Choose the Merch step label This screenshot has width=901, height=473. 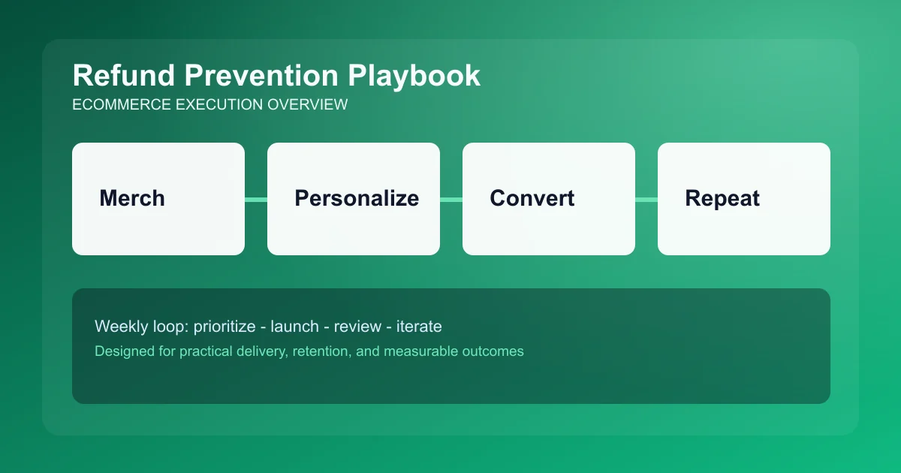(x=132, y=198)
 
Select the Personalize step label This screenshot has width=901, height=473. (x=357, y=198)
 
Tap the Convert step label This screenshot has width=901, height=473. (x=532, y=198)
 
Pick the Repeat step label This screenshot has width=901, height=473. (x=722, y=198)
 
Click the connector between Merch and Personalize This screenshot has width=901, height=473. (x=256, y=199)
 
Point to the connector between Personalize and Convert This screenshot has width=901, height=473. (x=451, y=199)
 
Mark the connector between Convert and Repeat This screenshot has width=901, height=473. (x=646, y=199)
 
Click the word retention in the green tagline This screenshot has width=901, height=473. (x=321, y=351)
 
